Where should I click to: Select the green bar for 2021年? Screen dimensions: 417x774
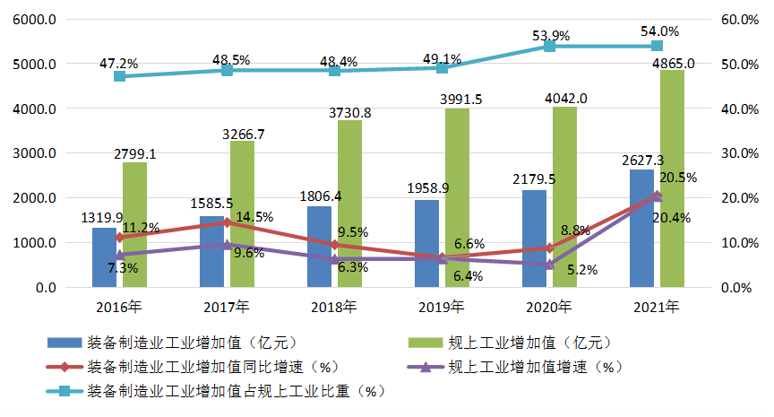tap(672, 179)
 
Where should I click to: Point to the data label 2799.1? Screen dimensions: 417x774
tap(134, 154)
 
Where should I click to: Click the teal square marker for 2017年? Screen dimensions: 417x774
tap(227, 70)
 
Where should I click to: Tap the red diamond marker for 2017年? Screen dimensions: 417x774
tap(227, 222)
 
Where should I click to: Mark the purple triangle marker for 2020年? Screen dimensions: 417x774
tap(549, 264)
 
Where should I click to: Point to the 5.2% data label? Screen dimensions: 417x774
tap(582, 269)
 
